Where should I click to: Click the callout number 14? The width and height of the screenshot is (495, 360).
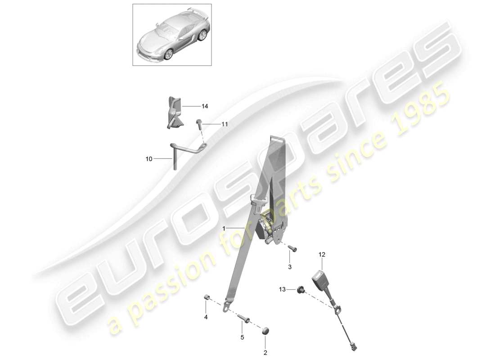tap(205, 107)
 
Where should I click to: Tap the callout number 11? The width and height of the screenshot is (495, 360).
tap(224, 124)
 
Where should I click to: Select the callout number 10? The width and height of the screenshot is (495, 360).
tap(149, 158)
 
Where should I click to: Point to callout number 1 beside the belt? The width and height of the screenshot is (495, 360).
tap(224, 229)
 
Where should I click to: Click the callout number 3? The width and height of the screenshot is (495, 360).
tap(290, 267)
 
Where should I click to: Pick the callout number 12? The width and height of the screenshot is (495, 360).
tap(322, 255)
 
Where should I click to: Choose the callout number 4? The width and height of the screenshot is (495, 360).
tap(206, 317)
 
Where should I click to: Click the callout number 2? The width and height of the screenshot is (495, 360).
tap(265, 352)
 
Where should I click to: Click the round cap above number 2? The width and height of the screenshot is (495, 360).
tap(265, 331)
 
